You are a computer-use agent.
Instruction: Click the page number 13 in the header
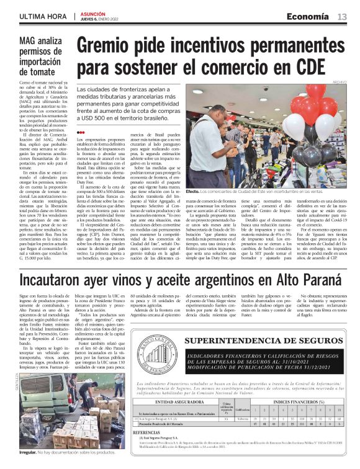[342, 16]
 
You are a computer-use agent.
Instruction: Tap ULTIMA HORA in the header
[43, 17]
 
